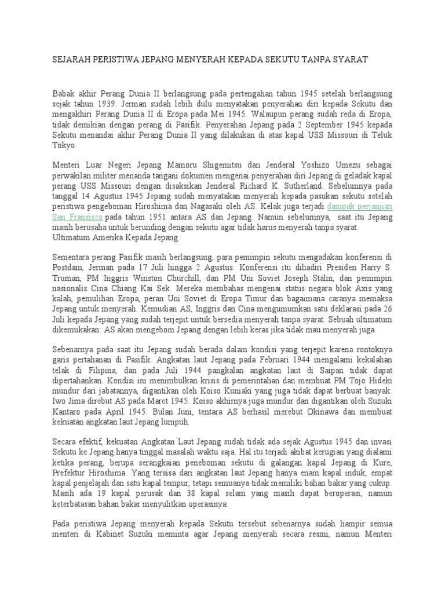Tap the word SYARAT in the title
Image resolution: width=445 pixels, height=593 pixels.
(348, 60)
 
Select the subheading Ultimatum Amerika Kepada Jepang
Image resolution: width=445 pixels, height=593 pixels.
(114, 237)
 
